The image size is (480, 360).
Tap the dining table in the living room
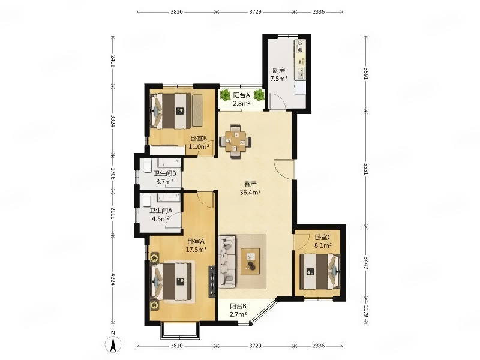pos(235,142)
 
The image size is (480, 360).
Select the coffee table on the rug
pos(250,261)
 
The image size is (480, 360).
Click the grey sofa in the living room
pos(227,262)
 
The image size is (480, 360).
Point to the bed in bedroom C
pos(320,272)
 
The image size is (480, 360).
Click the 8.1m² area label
pos(323,245)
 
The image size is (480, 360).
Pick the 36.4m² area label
pos(250,193)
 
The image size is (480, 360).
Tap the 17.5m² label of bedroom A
pos(196,250)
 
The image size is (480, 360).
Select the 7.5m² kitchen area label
pos(278,79)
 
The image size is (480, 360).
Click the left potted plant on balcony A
pos(226,95)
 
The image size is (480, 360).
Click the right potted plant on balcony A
pos(259,95)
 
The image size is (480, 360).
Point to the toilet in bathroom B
pos(147,166)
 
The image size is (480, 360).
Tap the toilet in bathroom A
pos(147,200)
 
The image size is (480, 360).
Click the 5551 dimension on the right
pos(366,169)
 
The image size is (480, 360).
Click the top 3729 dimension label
pos(256,12)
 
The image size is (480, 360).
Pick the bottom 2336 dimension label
pos(319,346)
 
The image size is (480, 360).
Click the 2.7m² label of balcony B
pos(238,314)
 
